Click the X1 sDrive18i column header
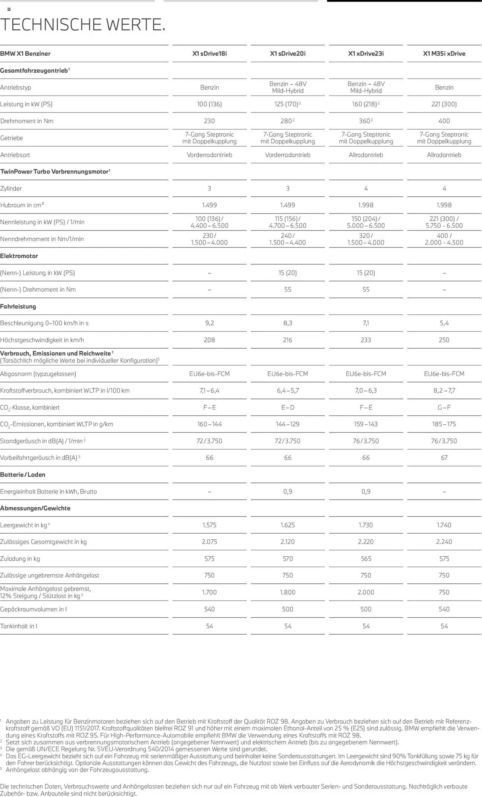[209, 53]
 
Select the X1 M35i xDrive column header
[444, 53]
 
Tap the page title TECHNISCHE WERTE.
[83, 24]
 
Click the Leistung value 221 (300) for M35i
[444, 104]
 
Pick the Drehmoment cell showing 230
[209, 121]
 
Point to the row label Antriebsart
[15, 155]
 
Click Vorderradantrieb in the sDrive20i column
[288, 155]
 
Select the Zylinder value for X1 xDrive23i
[366, 188]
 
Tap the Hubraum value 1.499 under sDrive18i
[209, 205]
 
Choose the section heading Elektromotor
[19, 256]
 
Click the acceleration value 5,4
[444, 323]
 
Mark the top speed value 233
[366, 340]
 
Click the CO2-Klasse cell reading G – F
[444, 407]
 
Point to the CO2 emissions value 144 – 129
[288, 424]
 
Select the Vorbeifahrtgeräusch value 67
[444, 458]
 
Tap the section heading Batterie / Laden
[23, 475]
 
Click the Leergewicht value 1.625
[288, 525]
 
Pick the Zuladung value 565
[366, 559]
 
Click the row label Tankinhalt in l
[19, 626]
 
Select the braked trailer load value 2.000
[366, 592]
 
